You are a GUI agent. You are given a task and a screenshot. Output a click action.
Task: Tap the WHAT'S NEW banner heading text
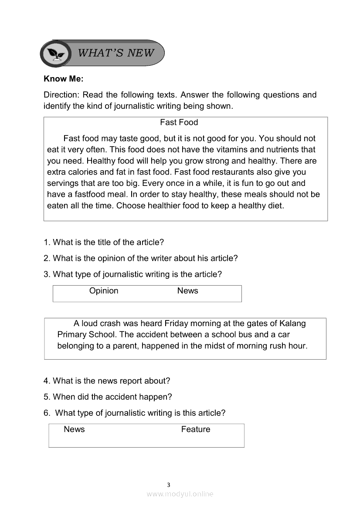tap(116, 53)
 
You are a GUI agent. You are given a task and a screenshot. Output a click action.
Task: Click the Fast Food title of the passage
tap(179, 122)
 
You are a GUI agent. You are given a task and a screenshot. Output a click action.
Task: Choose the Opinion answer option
tap(104, 291)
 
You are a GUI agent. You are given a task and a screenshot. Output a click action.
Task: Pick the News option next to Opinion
tap(187, 291)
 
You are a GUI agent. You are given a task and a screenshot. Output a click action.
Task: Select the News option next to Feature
tap(74, 429)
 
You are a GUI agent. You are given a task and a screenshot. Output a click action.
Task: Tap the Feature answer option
tap(196, 429)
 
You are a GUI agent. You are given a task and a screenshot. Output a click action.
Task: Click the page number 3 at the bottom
tap(169, 485)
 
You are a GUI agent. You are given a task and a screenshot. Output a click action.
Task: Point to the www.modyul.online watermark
tap(180, 494)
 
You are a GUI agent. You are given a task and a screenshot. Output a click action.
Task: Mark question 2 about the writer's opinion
tap(141, 258)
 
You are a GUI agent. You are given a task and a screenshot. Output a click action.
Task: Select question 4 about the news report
tap(107, 381)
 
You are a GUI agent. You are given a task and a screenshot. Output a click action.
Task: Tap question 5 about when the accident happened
tap(108, 397)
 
